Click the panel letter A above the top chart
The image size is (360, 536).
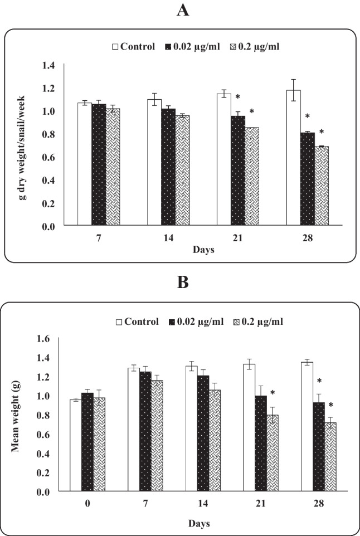[180, 11]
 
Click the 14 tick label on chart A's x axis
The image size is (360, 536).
[168, 238]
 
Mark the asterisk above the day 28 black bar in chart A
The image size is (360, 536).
[308, 117]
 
